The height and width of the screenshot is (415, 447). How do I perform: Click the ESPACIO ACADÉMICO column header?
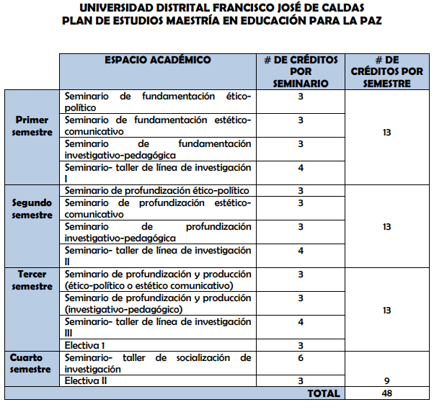click(158, 61)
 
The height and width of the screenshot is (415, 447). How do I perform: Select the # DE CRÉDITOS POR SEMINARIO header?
click(301, 71)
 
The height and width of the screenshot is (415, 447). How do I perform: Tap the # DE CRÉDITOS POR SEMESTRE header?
click(387, 71)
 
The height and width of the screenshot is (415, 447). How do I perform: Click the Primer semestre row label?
click(32, 126)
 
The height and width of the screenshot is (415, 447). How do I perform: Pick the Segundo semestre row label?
click(32, 209)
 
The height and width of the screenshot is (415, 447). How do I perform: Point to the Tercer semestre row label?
click(32, 280)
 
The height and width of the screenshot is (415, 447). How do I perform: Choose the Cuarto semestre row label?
click(32, 363)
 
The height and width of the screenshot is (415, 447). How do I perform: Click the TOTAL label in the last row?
click(323, 393)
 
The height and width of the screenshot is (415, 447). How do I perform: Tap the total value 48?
click(387, 393)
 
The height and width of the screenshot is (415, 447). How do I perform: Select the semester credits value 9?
click(387, 381)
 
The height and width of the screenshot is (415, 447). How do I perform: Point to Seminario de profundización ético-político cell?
click(157, 190)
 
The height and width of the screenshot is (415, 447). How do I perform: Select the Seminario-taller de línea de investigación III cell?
click(157, 327)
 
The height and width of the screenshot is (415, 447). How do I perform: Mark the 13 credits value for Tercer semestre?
click(387, 310)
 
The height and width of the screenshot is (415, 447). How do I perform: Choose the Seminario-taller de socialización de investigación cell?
click(157, 363)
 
